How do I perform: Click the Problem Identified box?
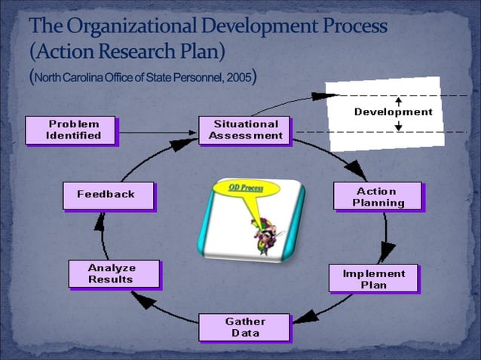click(73, 130)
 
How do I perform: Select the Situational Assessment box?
click(245, 130)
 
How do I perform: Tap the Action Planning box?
click(378, 197)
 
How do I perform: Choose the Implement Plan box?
click(373, 279)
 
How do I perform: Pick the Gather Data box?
click(244, 327)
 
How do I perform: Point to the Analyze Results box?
click(113, 273)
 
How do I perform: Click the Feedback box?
click(107, 194)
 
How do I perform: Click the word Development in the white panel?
click(394, 112)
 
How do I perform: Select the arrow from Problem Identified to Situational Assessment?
click(158, 131)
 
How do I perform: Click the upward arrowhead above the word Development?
click(398, 99)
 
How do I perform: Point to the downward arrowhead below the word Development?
click(398, 125)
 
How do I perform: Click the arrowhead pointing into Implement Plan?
click(388, 252)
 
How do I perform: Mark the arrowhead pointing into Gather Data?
click(301, 319)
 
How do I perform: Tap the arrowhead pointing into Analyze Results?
click(144, 300)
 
